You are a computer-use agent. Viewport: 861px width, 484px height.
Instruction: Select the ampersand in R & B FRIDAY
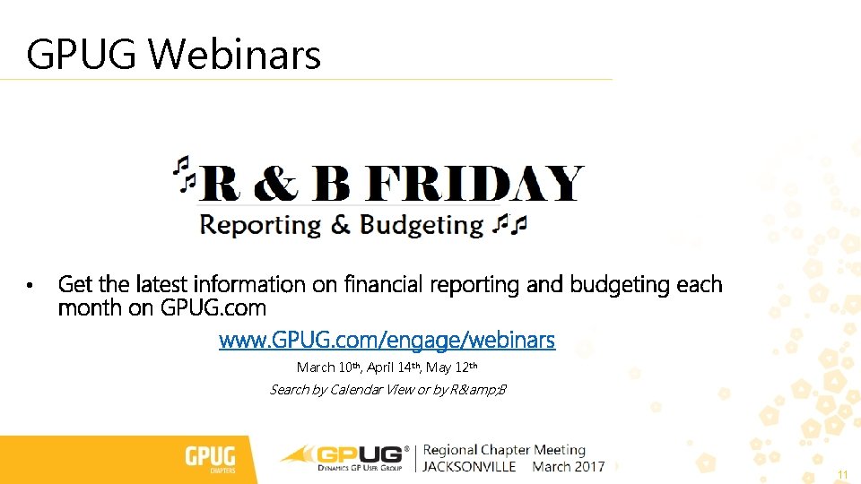point(276,184)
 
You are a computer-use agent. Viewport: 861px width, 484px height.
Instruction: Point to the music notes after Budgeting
point(511,223)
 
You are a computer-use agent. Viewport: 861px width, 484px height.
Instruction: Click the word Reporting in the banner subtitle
point(260,224)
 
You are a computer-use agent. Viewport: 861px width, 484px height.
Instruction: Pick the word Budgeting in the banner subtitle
point(422,224)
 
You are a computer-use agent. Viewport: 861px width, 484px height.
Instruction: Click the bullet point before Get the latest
point(30,286)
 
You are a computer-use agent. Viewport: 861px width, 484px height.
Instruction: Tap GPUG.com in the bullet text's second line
point(213,308)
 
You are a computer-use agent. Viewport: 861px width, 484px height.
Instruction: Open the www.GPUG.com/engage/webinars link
point(387,341)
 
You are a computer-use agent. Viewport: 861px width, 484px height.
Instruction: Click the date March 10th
point(328,367)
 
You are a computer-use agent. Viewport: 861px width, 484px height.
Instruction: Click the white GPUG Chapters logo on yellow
point(210,459)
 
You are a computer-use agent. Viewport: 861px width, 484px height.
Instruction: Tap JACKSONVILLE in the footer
point(470,467)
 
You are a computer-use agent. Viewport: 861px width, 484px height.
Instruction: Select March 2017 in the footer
point(569,467)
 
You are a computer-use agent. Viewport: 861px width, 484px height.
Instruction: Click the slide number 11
point(842,474)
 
